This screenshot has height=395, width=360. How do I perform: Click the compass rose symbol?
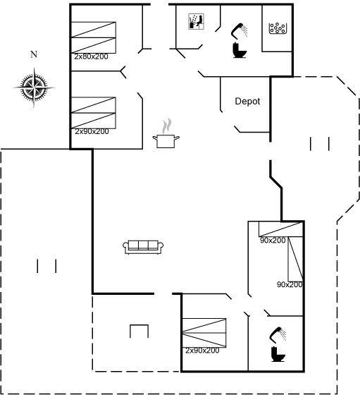point(34,87)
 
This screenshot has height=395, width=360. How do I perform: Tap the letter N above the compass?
point(34,54)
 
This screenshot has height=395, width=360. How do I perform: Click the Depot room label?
point(247,102)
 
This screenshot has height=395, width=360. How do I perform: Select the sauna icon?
point(197,22)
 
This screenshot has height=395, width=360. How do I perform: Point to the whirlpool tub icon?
point(278,28)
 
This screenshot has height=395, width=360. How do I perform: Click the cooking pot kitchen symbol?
point(166,134)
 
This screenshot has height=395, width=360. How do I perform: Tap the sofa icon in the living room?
point(143,247)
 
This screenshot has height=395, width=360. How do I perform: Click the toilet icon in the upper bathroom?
point(240,50)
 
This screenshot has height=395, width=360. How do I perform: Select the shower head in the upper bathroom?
point(240,30)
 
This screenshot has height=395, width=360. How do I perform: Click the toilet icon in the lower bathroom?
point(278,354)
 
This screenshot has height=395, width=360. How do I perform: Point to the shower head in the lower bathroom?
point(278,334)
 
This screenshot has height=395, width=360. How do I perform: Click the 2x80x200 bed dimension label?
point(91,56)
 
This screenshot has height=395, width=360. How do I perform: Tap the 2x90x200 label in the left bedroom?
point(92,131)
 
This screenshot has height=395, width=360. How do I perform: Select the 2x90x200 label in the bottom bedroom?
point(202,351)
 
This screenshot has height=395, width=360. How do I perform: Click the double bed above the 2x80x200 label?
point(93,37)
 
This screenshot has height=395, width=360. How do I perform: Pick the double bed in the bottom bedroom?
point(204,333)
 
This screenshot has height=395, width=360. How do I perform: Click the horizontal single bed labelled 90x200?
point(281,229)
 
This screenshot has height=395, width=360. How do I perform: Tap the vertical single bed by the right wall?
point(295,259)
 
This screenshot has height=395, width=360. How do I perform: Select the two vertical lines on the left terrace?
point(46,266)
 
